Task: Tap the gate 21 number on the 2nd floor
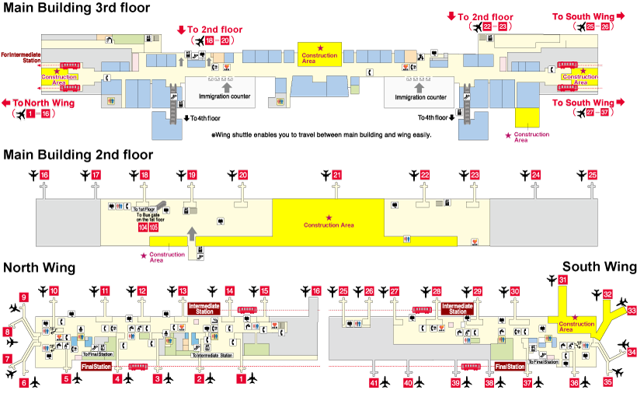point(336,176)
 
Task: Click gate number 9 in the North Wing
point(24,297)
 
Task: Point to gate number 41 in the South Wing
point(374,382)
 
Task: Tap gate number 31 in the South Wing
point(562,280)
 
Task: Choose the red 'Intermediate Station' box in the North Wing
point(204,308)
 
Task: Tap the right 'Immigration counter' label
point(420,97)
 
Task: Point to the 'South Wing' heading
point(599,266)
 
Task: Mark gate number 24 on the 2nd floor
point(536,176)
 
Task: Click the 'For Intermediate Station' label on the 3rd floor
point(20,57)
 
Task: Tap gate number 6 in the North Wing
point(24,382)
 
